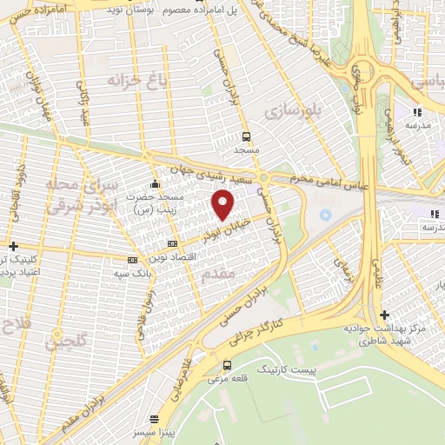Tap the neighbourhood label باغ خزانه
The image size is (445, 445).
(x=136, y=81)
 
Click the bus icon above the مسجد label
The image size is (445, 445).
(x=247, y=136)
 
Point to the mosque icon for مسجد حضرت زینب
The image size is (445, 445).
(x=155, y=183)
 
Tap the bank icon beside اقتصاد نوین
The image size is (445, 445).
(x=172, y=243)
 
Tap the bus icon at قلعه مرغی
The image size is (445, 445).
(x=227, y=365)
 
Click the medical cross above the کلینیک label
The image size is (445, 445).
(x=14, y=247)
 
